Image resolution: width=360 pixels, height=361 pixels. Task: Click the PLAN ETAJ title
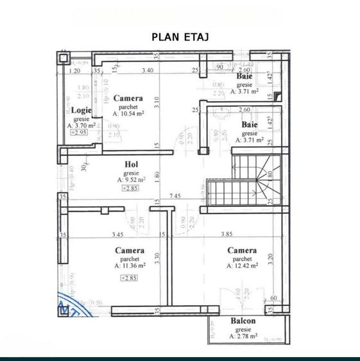click(x=180, y=37)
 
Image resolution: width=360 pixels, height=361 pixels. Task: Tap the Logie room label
click(x=81, y=110)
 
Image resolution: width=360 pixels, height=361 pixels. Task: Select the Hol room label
click(x=132, y=164)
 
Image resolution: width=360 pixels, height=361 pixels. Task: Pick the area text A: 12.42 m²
click(x=243, y=265)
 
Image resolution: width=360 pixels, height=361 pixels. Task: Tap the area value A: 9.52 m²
click(x=132, y=180)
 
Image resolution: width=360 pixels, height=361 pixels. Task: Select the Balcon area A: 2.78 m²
click(x=243, y=335)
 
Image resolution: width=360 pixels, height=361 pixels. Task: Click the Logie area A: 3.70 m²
click(x=81, y=126)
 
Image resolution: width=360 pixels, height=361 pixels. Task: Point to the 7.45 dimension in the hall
click(x=175, y=196)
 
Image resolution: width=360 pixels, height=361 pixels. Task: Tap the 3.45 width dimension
click(x=117, y=235)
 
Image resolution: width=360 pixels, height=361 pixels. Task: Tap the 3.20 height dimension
click(x=270, y=260)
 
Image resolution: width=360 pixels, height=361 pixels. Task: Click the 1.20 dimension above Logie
click(x=74, y=72)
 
